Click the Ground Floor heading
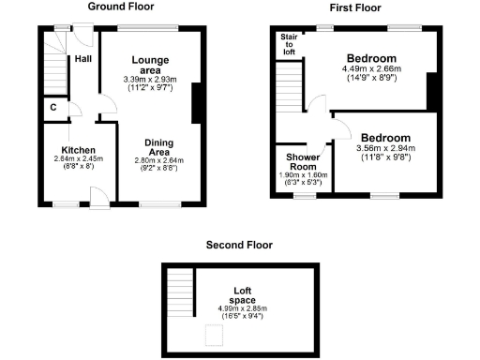[x=121, y=7]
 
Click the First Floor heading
[x=352, y=7]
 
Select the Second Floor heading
[x=239, y=245]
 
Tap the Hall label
[x=83, y=58]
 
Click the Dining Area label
[x=158, y=147]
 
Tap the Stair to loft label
[x=289, y=44]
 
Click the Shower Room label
[x=299, y=161]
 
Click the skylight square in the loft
[x=213, y=331]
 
